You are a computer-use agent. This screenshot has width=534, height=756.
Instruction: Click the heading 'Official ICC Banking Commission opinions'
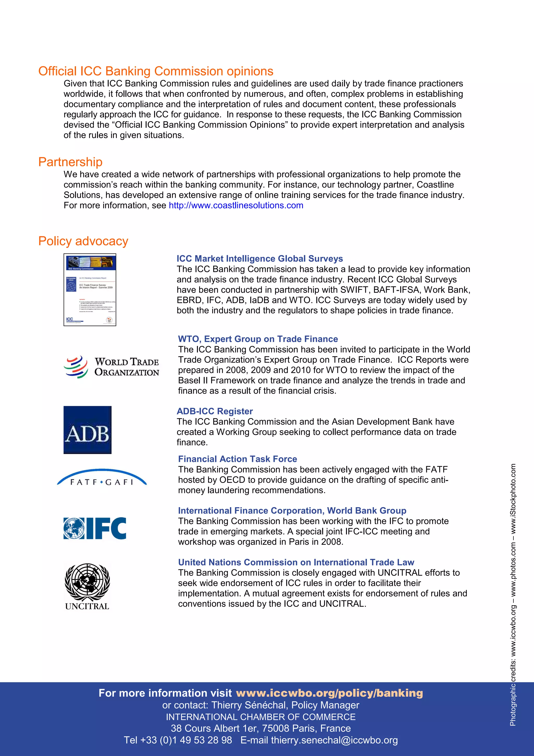[156, 71]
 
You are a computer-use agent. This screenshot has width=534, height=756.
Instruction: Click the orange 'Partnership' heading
[70, 162]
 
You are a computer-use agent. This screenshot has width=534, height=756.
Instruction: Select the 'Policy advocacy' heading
[83, 241]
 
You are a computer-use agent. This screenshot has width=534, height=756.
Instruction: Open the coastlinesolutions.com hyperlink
[236, 206]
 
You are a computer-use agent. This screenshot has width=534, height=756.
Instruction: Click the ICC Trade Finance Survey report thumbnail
[90, 290]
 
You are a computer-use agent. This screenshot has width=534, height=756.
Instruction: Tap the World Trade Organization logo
[111, 367]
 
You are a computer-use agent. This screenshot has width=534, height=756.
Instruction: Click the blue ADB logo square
[88, 430]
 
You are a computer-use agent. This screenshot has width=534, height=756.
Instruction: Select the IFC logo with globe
[95, 528]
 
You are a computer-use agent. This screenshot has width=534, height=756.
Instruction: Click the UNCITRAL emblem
[87, 586]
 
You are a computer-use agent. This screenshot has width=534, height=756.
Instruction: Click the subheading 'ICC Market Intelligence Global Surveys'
[260, 259]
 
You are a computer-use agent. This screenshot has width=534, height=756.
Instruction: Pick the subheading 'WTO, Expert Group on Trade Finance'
[258, 339]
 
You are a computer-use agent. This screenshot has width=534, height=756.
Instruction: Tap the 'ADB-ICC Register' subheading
[215, 411]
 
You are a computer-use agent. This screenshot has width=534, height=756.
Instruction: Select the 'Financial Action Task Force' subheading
[238, 459]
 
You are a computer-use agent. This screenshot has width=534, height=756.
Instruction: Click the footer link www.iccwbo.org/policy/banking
[329, 693]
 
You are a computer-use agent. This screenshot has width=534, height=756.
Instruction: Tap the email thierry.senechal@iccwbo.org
[334, 740]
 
